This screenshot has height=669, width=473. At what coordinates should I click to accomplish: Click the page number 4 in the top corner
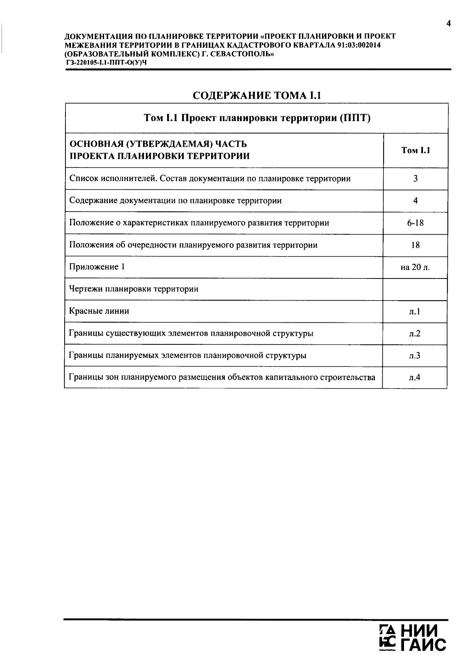pos(448,24)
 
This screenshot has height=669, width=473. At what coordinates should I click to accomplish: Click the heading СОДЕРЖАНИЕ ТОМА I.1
pos(257,95)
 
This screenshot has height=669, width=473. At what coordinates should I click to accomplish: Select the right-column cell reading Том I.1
pos(415,150)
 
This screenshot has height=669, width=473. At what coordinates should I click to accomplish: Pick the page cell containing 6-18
pos(415,223)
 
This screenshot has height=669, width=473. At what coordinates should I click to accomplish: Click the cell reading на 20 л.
pos(415,267)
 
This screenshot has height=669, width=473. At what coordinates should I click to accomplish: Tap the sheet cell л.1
pos(415,312)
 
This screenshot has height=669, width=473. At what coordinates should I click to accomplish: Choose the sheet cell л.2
pos(415,334)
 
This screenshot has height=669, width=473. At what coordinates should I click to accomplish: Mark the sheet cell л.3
pos(415,356)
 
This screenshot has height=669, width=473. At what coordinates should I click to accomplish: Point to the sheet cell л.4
pos(415,377)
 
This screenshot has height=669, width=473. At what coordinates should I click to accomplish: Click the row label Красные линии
pos(99,311)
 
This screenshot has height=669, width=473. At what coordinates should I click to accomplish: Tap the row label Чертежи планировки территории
pos(134,289)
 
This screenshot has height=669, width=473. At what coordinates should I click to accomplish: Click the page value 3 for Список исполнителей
pos(415,179)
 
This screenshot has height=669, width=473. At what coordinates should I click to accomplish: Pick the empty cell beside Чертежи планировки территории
pos(415,290)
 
